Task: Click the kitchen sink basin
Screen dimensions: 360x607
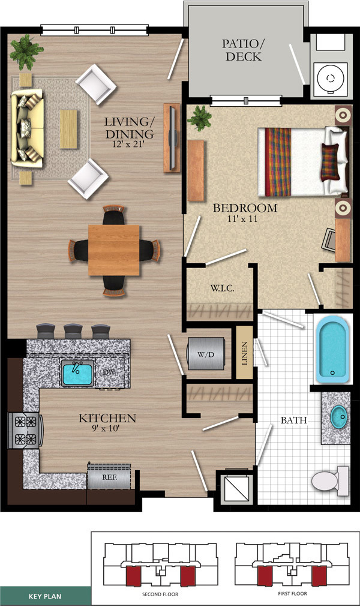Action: tap(77, 372)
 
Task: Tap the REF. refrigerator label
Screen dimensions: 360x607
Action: tap(110, 477)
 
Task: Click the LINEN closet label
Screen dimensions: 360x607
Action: tap(244, 353)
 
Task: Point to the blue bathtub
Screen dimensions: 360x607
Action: tap(332, 348)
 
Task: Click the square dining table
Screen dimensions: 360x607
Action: tap(114, 250)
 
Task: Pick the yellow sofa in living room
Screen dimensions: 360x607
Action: tap(26, 128)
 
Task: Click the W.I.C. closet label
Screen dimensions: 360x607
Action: tap(222, 288)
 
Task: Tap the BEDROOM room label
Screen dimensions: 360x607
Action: tap(245, 208)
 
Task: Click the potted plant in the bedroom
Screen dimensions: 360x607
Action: tap(200, 118)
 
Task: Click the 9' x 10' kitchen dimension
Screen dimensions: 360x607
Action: tap(104, 428)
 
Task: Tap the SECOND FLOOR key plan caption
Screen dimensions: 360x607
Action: tap(160, 594)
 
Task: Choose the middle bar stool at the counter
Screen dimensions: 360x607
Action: tap(74, 331)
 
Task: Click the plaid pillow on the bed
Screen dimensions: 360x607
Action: tap(330, 161)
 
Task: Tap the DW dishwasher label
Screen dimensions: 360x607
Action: tap(108, 372)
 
